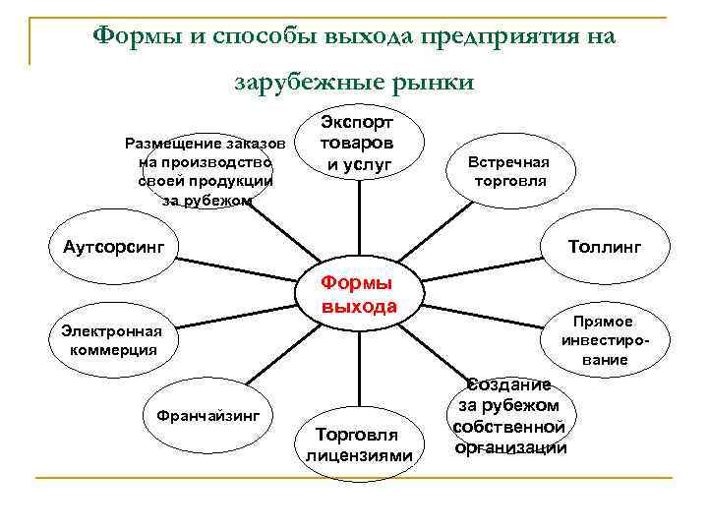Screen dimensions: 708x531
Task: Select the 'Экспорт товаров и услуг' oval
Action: pyautogui.click(x=359, y=143)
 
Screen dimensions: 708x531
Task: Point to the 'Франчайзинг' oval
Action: pyautogui.click(x=208, y=415)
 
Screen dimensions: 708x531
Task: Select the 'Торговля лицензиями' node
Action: pyautogui.click(x=358, y=443)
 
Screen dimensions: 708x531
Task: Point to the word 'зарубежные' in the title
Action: pyautogui.click(x=306, y=83)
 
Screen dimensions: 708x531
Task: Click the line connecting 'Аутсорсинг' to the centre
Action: pyautogui.click(x=236, y=267)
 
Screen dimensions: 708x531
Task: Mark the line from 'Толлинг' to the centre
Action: pyautogui.click(x=482, y=270)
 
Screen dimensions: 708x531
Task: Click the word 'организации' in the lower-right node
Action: pyautogui.click(x=510, y=447)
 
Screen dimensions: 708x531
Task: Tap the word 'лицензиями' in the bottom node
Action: pyautogui.click(x=359, y=455)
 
